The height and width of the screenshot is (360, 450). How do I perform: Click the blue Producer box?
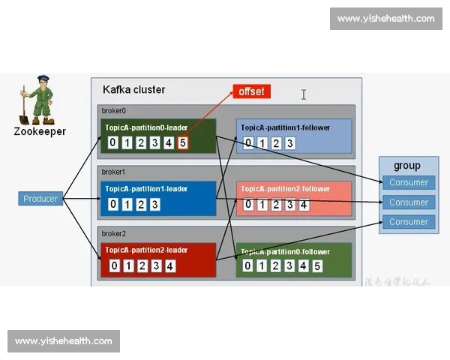pyautogui.click(x=40, y=199)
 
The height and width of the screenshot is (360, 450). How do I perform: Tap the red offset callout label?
pyautogui.click(x=251, y=91)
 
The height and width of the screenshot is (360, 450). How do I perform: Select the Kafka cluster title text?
pyautogui.click(x=133, y=90)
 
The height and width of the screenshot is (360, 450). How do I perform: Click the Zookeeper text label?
pyautogui.click(x=40, y=131)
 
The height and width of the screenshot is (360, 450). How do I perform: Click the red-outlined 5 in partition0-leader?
pyautogui.click(x=183, y=142)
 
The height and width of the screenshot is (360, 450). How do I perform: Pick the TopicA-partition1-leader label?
pyautogui.click(x=146, y=189)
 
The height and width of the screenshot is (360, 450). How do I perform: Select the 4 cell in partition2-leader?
pyautogui.click(x=170, y=265)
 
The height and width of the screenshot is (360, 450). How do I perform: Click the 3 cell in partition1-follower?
pyautogui.click(x=289, y=143)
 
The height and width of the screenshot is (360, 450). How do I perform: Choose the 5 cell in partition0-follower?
pyautogui.click(x=317, y=265)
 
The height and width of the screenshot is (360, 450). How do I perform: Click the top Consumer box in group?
pyautogui.click(x=409, y=182)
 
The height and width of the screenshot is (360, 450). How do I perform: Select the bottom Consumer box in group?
pyautogui.click(x=409, y=222)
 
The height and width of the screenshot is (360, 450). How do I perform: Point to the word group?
pyautogui.click(x=407, y=166)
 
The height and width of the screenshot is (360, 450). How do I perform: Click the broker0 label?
pyautogui.click(x=114, y=111)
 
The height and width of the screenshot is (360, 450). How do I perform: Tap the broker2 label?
pyautogui.click(x=114, y=233)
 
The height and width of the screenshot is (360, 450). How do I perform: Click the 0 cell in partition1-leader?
pyautogui.click(x=113, y=204)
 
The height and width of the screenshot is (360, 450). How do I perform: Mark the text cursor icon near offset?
pyautogui.click(x=304, y=94)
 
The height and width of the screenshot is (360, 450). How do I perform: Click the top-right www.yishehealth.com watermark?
pyautogui.click(x=385, y=19)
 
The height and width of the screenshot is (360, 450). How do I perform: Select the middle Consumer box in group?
pyautogui.click(x=409, y=202)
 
